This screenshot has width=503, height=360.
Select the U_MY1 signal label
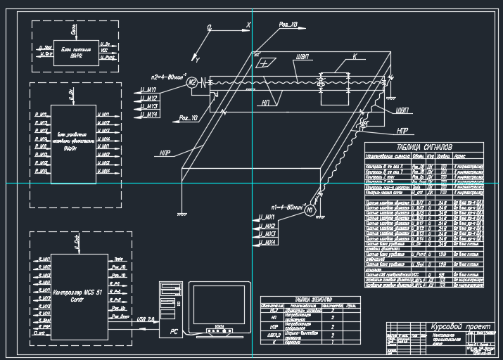coord(148,90)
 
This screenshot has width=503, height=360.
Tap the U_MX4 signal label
coord(265,242)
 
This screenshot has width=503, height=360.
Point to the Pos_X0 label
coord(288,25)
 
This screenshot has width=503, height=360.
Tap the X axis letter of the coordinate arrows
coord(248,25)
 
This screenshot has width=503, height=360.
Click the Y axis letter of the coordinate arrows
coord(198,61)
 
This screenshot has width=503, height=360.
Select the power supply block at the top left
coord(73,46)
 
